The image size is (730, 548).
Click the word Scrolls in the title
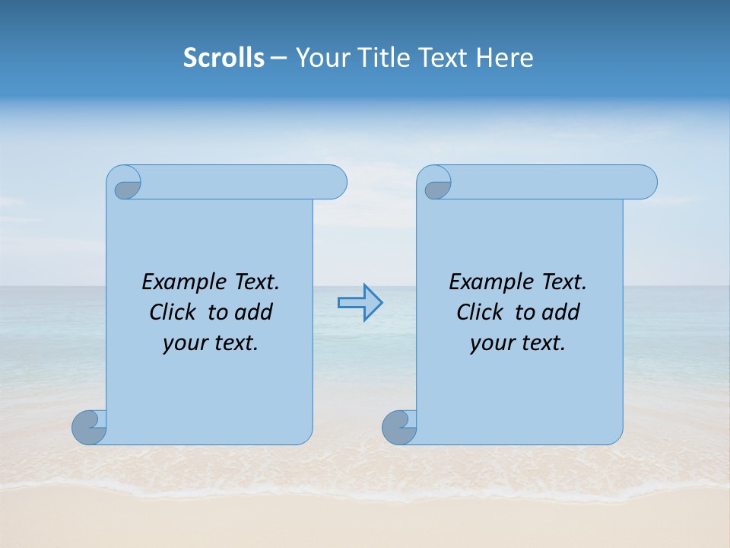[224, 58]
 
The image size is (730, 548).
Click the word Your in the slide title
[322, 58]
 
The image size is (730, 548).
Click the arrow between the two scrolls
[360, 303]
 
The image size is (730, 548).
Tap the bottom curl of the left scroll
[89, 427]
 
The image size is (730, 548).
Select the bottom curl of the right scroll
[398, 427]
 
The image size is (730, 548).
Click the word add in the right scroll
[560, 312]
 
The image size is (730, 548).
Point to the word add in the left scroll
[252, 312]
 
